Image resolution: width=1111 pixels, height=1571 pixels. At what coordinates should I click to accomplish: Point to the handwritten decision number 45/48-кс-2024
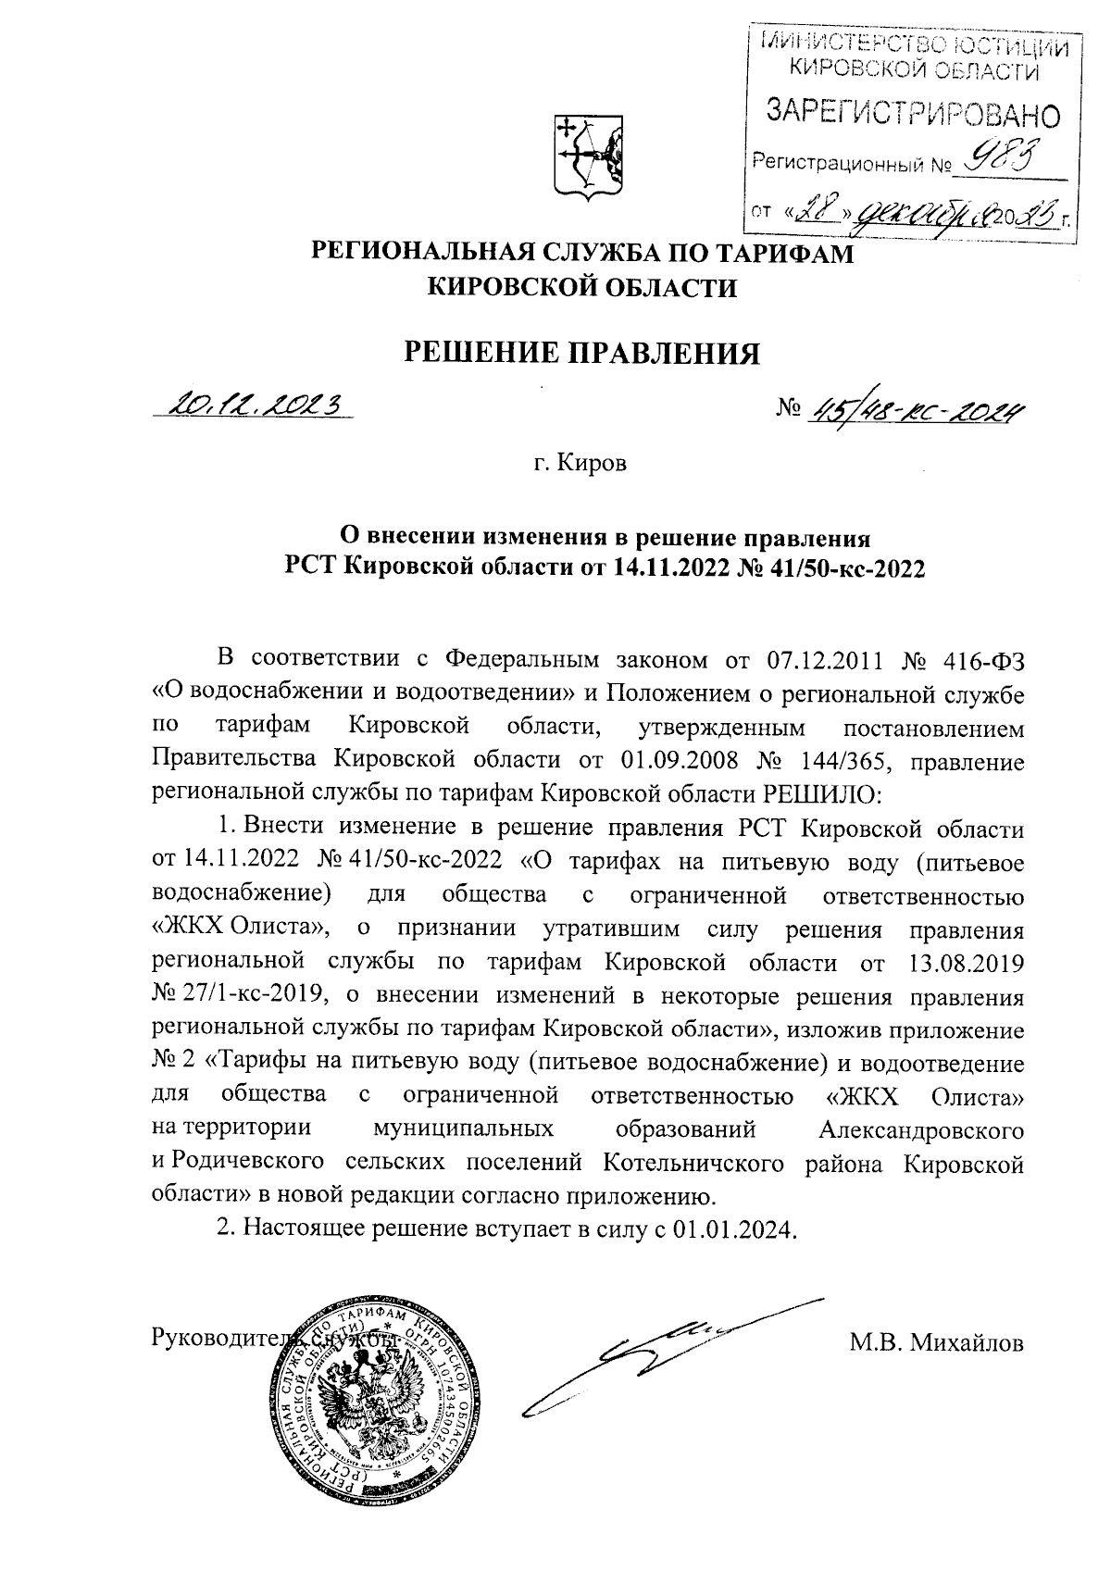click(917, 408)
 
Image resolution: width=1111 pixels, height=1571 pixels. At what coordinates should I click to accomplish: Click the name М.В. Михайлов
click(936, 1341)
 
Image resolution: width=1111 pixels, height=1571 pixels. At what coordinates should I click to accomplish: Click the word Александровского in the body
click(922, 1130)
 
